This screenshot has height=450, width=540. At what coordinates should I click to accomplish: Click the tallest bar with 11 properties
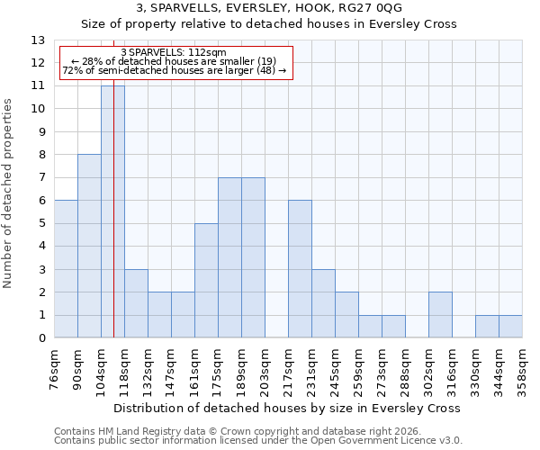(x=112, y=211)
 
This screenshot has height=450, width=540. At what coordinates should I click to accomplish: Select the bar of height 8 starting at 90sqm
(x=89, y=246)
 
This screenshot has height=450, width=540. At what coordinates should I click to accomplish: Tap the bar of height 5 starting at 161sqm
(x=206, y=281)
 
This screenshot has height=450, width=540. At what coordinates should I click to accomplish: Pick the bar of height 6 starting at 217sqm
(x=300, y=269)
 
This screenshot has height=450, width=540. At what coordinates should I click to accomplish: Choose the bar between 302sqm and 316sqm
(x=440, y=315)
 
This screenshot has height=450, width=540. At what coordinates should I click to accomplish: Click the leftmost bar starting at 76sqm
(x=66, y=269)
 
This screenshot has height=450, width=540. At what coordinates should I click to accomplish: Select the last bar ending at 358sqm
(x=510, y=327)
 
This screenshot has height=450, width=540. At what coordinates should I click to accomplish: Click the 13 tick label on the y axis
(x=38, y=40)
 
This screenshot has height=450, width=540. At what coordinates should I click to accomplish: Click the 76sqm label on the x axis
(x=54, y=368)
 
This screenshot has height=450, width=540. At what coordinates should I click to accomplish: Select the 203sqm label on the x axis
(x=265, y=368)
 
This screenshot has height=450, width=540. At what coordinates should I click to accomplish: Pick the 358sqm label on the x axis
(x=522, y=368)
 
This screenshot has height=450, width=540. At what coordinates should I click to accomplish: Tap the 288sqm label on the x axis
(x=405, y=368)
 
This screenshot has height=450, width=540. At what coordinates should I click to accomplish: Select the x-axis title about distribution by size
(x=288, y=408)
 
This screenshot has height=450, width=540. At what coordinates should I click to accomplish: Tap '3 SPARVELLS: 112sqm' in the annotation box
(x=173, y=53)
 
